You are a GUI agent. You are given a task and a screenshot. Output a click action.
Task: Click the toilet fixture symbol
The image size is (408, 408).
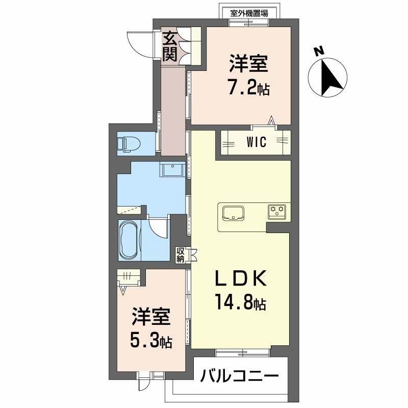pos(129,144)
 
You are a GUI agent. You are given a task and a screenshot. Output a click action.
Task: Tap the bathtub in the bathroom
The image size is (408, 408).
pos(130,240)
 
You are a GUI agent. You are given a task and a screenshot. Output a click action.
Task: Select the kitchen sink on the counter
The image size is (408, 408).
pos(233,213)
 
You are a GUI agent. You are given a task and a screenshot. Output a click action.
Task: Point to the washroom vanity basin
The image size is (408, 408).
pos(172,169)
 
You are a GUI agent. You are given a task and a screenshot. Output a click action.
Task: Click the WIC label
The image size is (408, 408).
pos(257,142)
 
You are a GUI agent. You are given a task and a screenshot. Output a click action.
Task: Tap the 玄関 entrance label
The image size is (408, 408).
pos(169,46)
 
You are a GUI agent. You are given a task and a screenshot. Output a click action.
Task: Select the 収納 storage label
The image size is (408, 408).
pos(181,254)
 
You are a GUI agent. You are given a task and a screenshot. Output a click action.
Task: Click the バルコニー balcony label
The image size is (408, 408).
pos(239,375)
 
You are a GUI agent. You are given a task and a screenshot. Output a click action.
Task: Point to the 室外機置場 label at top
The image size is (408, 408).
pos(249,13)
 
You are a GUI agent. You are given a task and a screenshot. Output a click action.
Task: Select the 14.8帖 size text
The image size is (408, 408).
pos(240,302)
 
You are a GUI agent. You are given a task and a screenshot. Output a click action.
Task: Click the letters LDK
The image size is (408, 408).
pos(240,278)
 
